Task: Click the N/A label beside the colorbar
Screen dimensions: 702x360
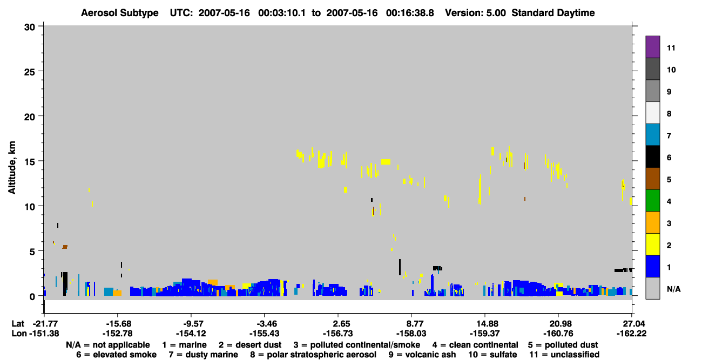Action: [x=673, y=289]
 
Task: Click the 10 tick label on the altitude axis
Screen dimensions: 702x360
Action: [x=30, y=207]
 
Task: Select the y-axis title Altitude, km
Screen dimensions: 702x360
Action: [x=11, y=168]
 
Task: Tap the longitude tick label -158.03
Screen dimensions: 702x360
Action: [x=411, y=334]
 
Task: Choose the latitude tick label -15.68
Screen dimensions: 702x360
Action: [x=118, y=324]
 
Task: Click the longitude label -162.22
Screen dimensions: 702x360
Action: [x=631, y=334]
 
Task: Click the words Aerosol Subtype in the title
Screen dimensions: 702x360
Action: [x=120, y=13]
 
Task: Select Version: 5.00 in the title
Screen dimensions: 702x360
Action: [x=475, y=13]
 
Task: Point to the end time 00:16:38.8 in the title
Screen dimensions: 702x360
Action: [x=410, y=13]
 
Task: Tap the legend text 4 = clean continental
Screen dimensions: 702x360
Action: [x=475, y=345]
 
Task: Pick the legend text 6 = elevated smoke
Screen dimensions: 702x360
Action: [x=116, y=355]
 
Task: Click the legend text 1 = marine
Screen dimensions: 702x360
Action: [x=184, y=345]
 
